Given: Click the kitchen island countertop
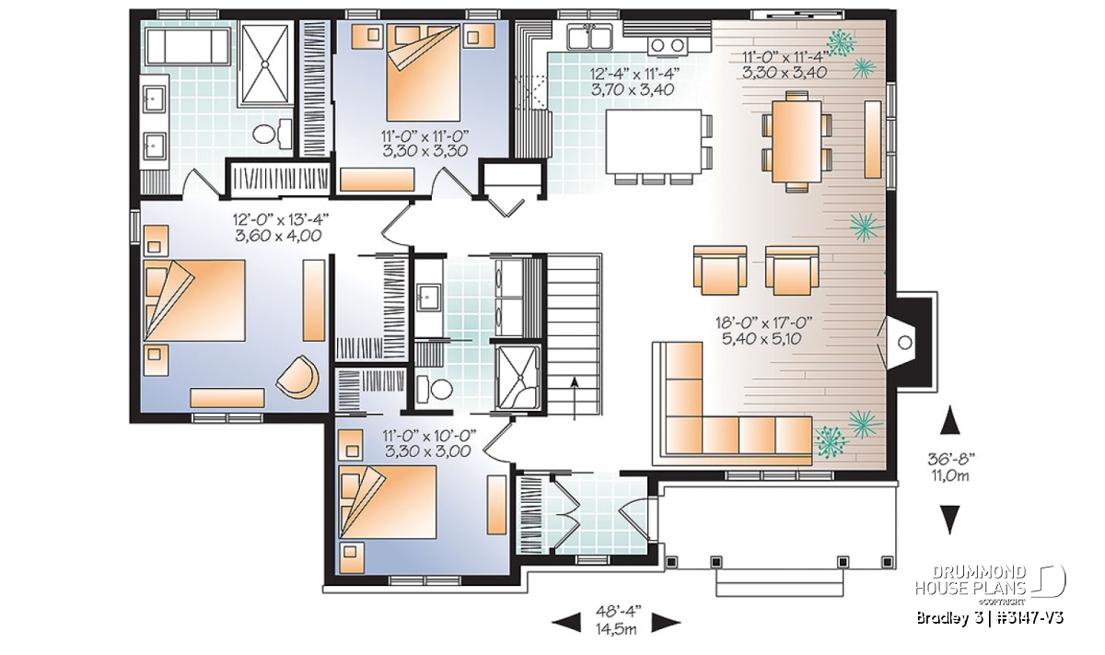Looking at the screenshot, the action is [654, 141].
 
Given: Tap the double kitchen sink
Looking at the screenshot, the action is [590, 37].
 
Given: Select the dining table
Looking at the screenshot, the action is [797, 141].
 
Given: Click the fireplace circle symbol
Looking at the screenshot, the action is [904, 343].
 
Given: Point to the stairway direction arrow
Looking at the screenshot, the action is [575, 399].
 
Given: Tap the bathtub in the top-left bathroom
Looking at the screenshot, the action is [188, 46].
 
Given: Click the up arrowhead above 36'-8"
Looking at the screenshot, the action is [950, 420].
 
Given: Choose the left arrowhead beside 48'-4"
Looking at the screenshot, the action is [566, 623].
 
